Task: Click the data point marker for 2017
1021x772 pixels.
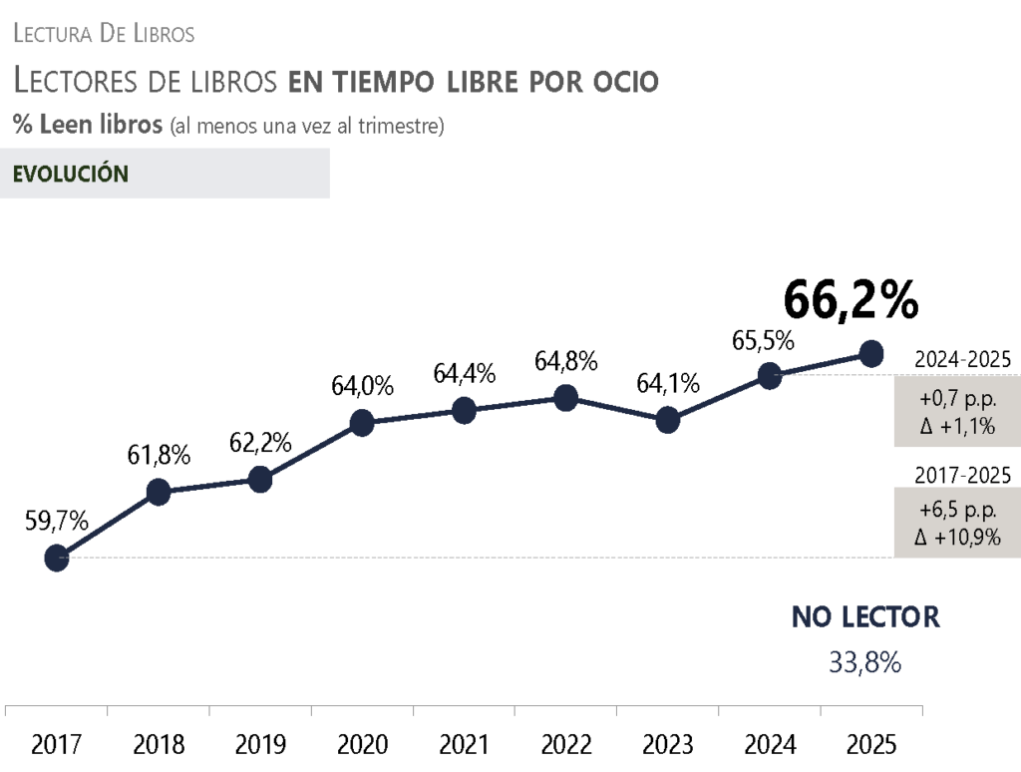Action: [57, 559]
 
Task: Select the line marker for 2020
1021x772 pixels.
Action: [362, 424]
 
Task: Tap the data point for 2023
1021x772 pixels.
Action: [668, 421]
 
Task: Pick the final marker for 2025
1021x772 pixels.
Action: [871, 353]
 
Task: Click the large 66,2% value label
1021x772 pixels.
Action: [850, 298]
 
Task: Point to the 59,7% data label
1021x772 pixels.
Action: [57, 521]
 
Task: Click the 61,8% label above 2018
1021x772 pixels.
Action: [159, 455]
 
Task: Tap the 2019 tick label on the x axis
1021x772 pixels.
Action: [260, 745]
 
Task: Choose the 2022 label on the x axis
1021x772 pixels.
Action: [565, 745]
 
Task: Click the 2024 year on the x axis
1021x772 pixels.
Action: [770, 745]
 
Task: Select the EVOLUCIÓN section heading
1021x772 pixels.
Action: [71, 174]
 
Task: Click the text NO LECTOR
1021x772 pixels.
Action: [865, 617]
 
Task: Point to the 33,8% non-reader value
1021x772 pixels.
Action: [865, 662]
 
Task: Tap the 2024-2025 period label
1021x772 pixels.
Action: [962, 360]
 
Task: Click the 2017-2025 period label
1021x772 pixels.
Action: [962, 475]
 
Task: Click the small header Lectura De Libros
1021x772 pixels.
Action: [104, 34]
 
